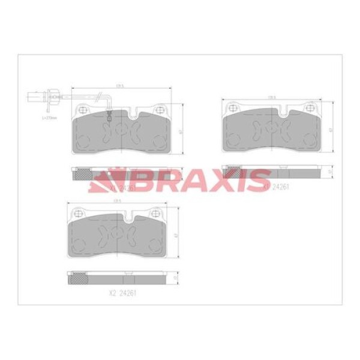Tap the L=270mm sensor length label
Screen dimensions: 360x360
tap(49, 118)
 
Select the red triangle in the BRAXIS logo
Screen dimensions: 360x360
tap(109, 178)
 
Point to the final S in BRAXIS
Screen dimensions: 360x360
tap(258, 178)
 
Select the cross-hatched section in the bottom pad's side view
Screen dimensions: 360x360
tap(77, 278)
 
